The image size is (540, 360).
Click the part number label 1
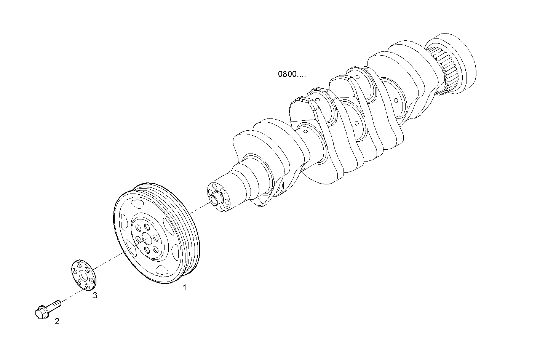tap(185, 288)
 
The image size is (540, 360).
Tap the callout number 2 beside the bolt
tap(57, 321)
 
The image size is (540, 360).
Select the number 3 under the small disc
tap(95, 295)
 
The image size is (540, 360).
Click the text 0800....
tap(291, 74)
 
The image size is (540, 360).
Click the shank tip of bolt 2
tap(58, 303)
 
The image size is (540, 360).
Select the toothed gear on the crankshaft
tap(442, 69)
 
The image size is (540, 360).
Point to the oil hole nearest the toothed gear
tap(396, 100)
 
